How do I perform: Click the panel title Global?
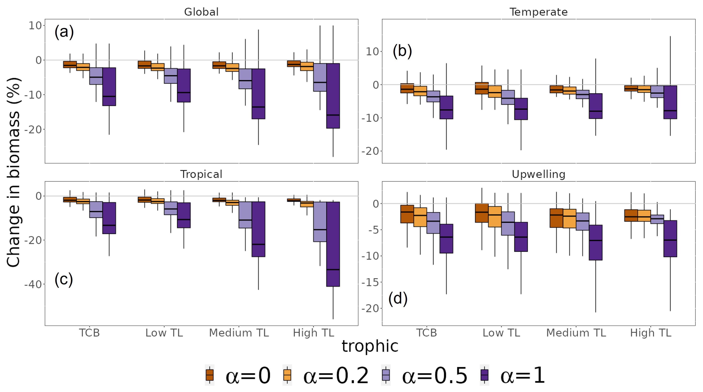click(x=201, y=12)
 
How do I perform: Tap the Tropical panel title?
click(x=201, y=174)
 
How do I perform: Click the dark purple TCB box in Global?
click(x=109, y=87)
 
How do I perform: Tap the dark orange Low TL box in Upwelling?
click(x=482, y=213)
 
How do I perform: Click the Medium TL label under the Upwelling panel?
click(x=576, y=333)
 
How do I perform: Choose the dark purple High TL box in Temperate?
click(x=670, y=102)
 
